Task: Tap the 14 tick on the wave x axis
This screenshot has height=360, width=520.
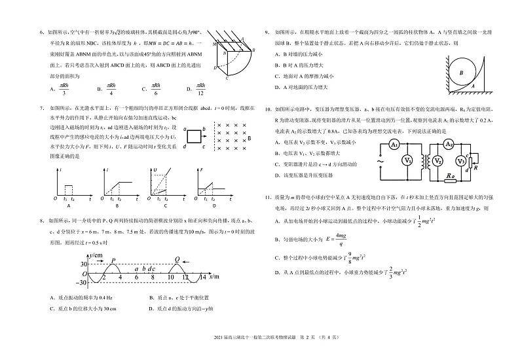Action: pyautogui.click(x=202, y=277)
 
